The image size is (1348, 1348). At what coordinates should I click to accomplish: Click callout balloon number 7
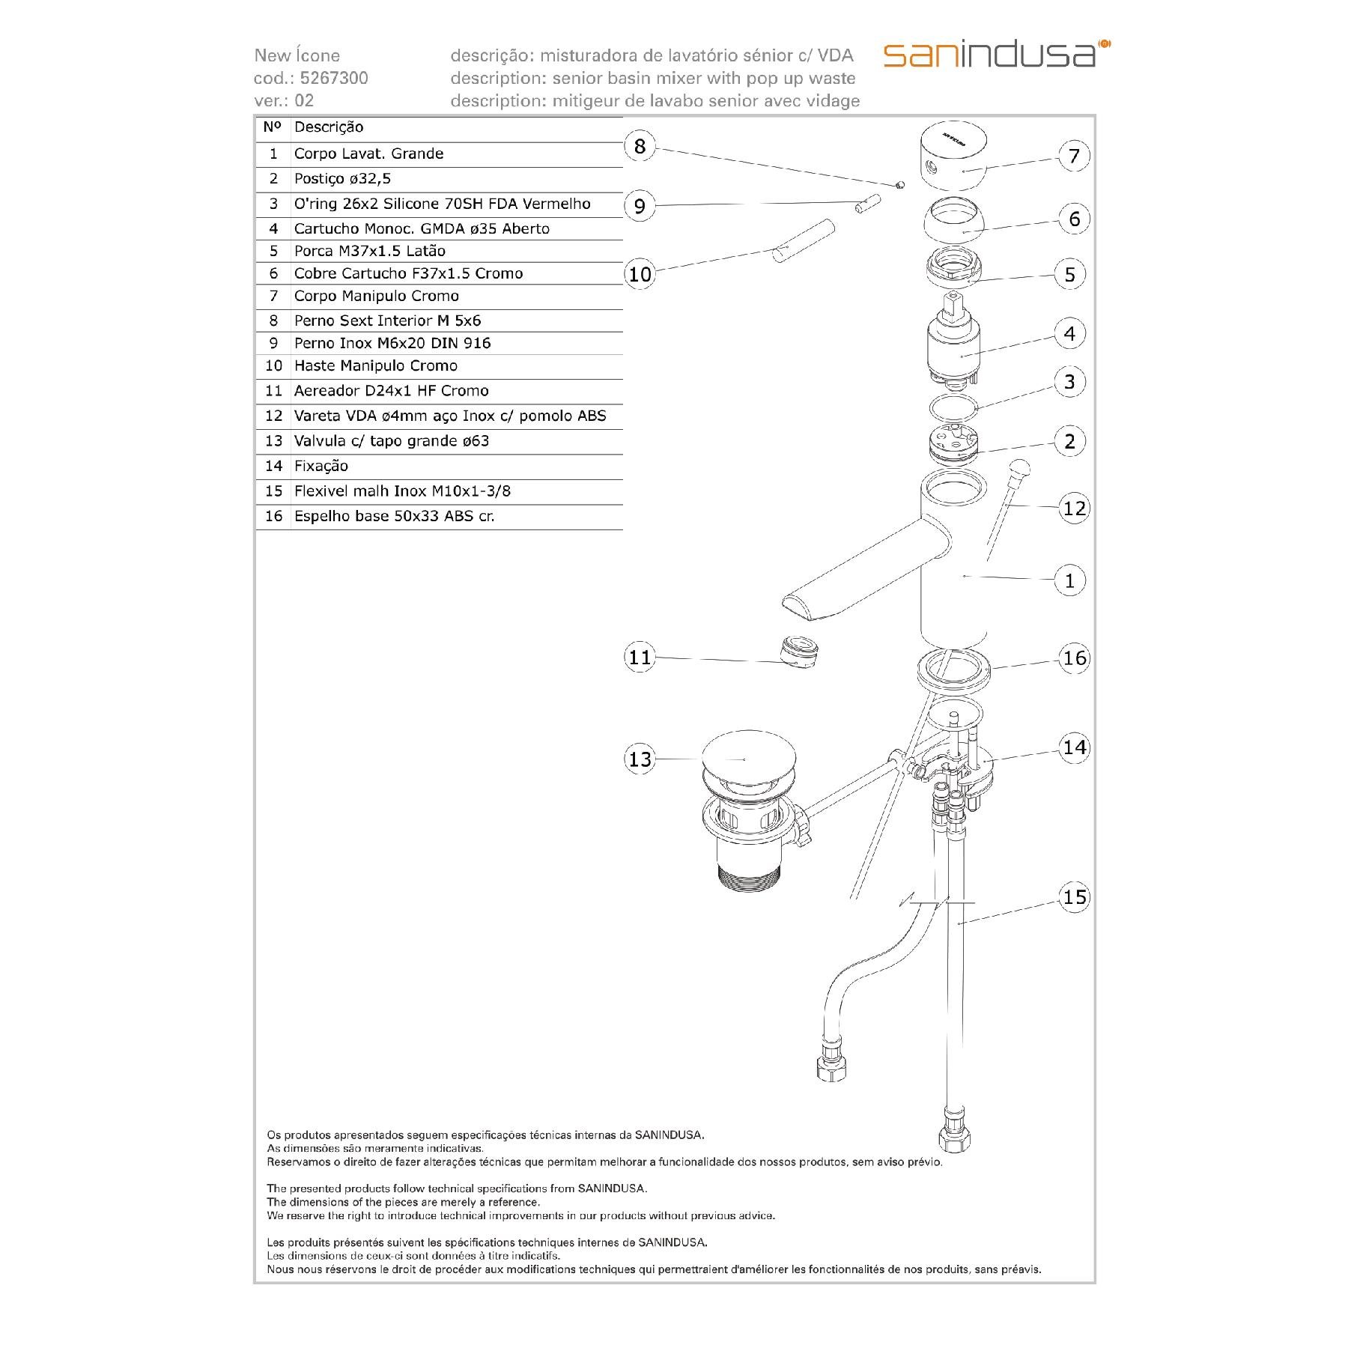pyautogui.click(x=1074, y=156)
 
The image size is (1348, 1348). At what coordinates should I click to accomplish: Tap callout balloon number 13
pyautogui.click(x=640, y=759)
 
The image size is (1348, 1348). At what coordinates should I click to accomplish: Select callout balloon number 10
pyautogui.click(x=640, y=274)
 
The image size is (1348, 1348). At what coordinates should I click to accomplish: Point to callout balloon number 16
pyautogui.click(x=1074, y=658)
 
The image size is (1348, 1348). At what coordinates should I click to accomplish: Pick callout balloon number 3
pyautogui.click(x=1069, y=381)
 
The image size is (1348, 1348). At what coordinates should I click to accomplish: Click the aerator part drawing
pyautogui.click(x=799, y=649)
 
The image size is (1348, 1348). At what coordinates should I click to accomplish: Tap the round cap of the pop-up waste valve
pyautogui.click(x=742, y=759)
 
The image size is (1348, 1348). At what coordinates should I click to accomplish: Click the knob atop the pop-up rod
pyautogui.click(x=1019, y=470)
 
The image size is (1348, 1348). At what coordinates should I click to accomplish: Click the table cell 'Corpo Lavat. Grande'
pyautogui.click(x=368, y=154)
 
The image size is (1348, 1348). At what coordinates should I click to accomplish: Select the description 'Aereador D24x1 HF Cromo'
pyautogui.click(x=391, y=390)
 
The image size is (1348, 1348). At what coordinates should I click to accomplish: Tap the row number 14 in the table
pyautogui.click(x=273, y=466)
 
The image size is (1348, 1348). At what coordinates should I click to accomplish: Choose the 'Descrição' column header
pyautogui.click(x=329, y=127)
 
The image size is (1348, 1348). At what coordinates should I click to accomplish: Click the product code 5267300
pyautogui.click(x=333, y=78)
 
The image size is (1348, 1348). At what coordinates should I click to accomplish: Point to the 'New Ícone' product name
pyautogui.click(x=297, y=55)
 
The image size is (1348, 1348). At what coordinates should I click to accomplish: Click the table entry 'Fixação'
pyautogui.click(x=321, y=466)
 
